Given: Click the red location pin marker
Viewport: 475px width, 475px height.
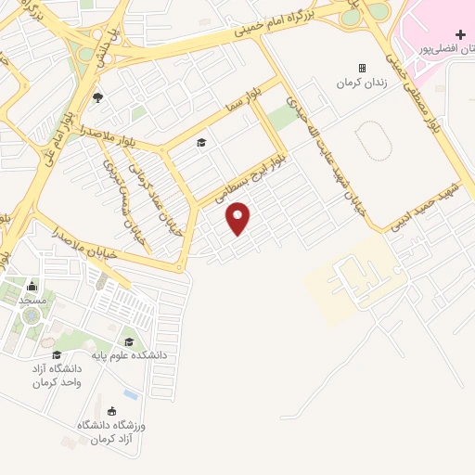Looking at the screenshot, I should tap(238, 218).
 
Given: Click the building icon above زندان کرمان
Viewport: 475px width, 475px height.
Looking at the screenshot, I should tap(362, 68).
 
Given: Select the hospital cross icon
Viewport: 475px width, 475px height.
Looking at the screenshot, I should tap(459, 34).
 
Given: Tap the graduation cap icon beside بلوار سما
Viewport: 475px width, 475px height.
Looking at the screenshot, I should tap(200, 143).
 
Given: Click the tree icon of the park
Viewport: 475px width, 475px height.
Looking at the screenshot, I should tap(97, 97).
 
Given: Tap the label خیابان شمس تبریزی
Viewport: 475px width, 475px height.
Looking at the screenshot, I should tap(124, 199).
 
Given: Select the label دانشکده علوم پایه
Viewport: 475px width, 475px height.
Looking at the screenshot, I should tap(128, 354).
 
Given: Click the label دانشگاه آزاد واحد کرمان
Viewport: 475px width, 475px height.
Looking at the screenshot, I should tap(58, 375).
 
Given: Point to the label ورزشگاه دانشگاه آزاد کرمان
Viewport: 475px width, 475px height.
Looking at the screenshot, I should tap(112, 430).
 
